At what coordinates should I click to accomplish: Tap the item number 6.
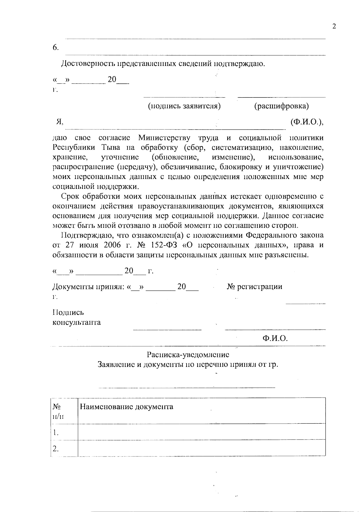(55, 48)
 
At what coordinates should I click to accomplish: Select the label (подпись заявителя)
(184, 106)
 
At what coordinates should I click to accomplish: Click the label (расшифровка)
(281, 106)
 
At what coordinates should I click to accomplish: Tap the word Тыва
(112, 147)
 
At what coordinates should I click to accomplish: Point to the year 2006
(112, 245)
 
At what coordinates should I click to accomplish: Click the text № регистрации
(254, 287)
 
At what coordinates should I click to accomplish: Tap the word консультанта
(76, 323)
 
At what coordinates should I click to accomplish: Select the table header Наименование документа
(126, 407)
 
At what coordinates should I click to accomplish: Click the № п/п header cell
(58, 411)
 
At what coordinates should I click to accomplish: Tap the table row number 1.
(55, 433)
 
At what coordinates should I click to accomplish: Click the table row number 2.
(55, 449)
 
